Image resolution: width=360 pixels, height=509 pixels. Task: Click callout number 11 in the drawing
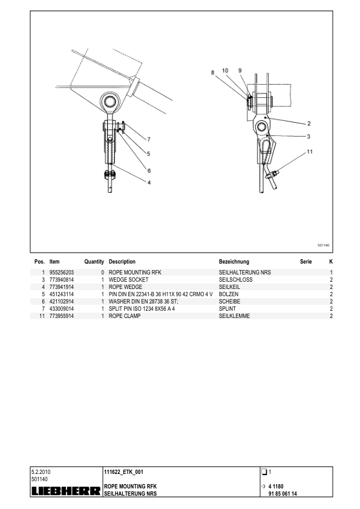(310, 152)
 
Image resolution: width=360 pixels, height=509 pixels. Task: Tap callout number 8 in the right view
(213, 73)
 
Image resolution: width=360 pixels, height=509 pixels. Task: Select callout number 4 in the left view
(149, 183)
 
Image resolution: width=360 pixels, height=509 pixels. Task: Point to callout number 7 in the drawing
(149, 139)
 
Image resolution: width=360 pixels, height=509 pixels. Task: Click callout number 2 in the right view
(309, 123)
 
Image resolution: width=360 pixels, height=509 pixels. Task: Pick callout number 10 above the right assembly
(225, 71)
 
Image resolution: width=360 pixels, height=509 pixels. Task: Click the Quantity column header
(94, 262)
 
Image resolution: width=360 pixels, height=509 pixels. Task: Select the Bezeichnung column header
(234, 262)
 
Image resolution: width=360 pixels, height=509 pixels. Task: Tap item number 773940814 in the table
(61, 280)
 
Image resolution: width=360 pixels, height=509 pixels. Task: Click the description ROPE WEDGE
(125, 287)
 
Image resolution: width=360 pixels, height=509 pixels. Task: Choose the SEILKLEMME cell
(234, 316)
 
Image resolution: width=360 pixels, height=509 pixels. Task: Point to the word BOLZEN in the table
(229, 294)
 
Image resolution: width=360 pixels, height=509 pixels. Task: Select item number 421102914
(61, 302)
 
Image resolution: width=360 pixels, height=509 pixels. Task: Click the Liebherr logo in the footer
(66, 491)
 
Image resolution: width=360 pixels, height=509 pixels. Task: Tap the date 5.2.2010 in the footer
(41, 472)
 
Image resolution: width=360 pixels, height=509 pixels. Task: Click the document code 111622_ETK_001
(123, 472)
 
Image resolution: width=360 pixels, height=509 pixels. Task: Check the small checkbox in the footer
(264, 472)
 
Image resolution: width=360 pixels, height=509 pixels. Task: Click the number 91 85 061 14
(283, 494)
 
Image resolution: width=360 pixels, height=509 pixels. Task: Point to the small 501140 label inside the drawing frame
(323, 245)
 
